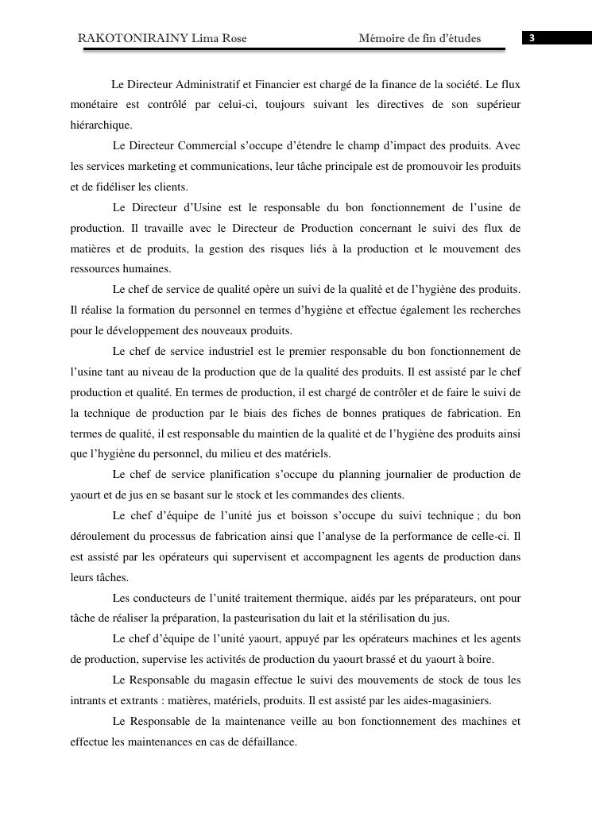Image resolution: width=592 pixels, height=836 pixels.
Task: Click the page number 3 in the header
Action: coord(532,38)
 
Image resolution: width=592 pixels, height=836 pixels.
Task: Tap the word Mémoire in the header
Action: coord(380,38)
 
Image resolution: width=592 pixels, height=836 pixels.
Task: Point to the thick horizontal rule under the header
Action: coord(294,49)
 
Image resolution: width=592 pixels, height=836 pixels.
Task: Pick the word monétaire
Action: coord(94,105)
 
